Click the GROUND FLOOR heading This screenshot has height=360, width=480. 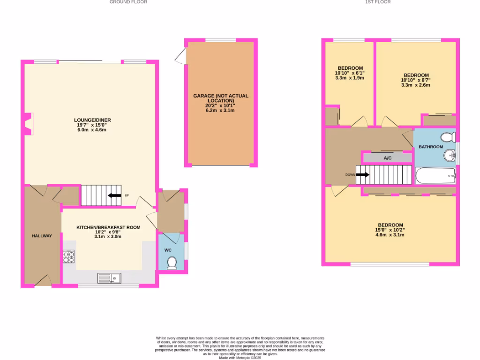coord(128,2)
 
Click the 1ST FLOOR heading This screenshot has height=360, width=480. coord(378,2)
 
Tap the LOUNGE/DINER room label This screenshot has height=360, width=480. coord(94,120)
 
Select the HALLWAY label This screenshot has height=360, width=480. coord(42,236)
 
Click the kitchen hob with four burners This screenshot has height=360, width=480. coord(69,256)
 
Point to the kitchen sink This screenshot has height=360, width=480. coord(109,278)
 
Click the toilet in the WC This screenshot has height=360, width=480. coord(172,263)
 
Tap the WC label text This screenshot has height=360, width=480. coord(168,250)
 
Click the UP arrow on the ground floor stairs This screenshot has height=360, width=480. coord(113,195)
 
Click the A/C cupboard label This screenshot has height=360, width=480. coord(388,158)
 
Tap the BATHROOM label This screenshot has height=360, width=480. coord(430,147)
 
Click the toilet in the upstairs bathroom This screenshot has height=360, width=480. coord(448,137)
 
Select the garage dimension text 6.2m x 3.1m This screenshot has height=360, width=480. coord(220,111)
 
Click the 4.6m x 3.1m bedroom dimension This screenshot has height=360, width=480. coord(390,235)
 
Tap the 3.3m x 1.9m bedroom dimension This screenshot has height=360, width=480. coord(350,78)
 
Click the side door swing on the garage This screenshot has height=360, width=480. coord(180,58)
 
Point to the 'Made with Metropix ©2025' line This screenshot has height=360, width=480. coord(240,358)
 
